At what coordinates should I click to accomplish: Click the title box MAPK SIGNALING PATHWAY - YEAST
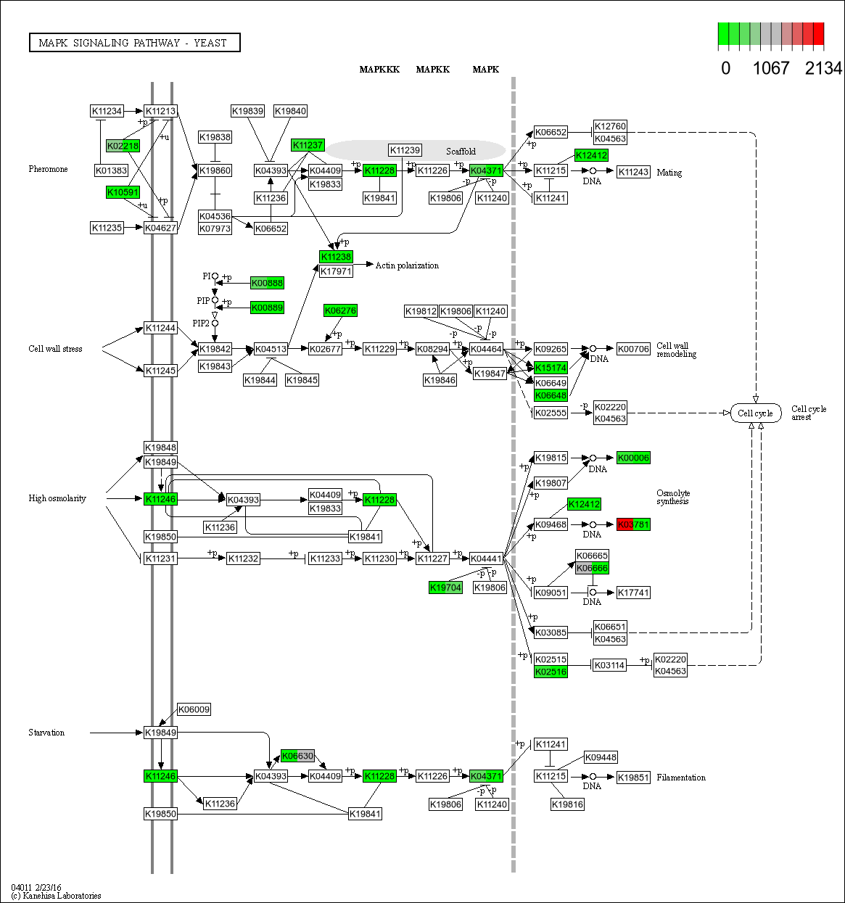coord(134,43)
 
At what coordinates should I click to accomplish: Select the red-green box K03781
coord(633,524)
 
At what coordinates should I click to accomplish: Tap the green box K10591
coord(123,192)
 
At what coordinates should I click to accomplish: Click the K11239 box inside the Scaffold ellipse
coord(405,150)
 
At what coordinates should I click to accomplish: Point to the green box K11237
coord(308,145)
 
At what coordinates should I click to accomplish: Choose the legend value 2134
coord(823,69)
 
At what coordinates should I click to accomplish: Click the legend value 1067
coord(770,69)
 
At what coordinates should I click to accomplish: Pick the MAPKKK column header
coord(379,70)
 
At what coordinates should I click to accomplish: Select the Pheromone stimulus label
coord(48,169)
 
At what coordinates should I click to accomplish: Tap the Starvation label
coord(46,733)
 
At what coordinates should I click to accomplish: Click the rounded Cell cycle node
coord(755,413)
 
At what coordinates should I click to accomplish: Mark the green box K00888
coord(267,283)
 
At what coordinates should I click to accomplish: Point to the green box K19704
coord(445,587)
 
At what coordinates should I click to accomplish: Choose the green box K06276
coord(340,310)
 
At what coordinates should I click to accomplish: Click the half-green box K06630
coord(297,756)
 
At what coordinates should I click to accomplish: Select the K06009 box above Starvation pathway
coord(194,709)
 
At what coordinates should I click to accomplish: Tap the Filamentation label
coord(680,778)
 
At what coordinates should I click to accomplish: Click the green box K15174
coord(551,368)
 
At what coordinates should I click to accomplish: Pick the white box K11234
coord(107,111)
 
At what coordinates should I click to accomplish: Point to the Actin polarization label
coord(407,265)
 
